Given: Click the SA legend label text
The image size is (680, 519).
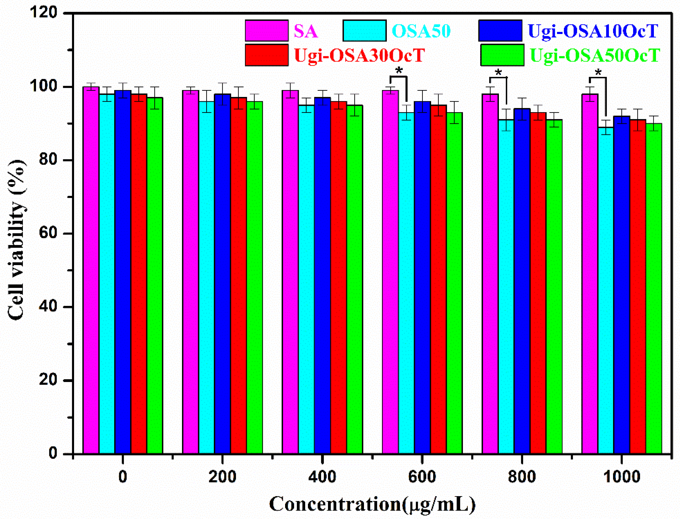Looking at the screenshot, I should coord(305,31).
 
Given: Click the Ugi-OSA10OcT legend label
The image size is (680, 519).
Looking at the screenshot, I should coord(593,31).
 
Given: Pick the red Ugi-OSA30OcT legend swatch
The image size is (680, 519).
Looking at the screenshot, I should coord(267,55).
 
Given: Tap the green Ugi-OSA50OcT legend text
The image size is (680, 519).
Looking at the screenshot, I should coord(595,55).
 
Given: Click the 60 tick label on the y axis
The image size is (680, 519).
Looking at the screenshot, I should coord(48,233).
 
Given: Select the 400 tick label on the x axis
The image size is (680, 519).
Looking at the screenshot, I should coord(322,477).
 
